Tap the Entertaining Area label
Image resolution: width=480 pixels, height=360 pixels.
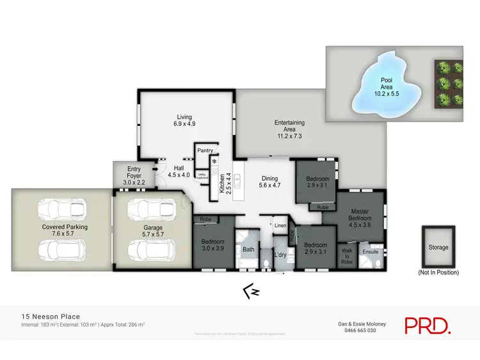(289, 129)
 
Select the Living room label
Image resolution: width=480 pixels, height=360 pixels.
(184, 120)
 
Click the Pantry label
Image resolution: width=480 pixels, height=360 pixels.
(205, 150)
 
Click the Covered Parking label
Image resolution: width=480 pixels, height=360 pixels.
(65, 230)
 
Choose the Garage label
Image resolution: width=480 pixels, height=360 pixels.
(153, 231)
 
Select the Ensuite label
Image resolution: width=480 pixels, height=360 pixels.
(371, 252)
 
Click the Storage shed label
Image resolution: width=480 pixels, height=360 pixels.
(438, 247)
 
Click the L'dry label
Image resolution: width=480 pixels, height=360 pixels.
(280, 255)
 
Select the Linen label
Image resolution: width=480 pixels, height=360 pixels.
(280, 226)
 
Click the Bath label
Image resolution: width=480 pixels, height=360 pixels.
(248, 249)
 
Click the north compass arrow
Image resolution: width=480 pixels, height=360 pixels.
(250, 293)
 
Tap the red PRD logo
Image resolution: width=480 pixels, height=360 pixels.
(428, 324)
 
